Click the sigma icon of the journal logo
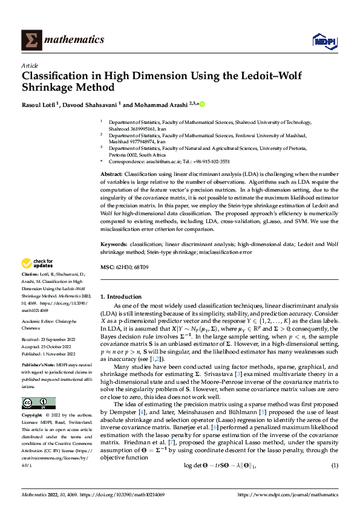tap(30, 40)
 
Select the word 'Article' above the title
tap(29, 65)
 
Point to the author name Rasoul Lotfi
tap(41, 104)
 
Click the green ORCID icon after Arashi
tap(202, 104)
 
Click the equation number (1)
tap(334, 482)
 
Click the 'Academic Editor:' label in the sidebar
tap(39, 322)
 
